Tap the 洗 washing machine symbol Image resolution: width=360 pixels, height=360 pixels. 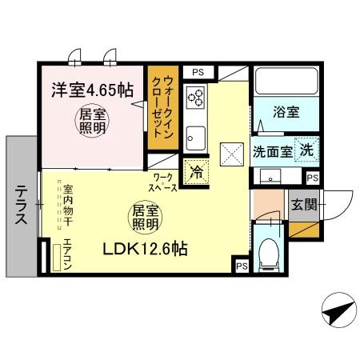coord(307,149)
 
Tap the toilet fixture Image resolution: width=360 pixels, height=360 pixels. coord(269,255)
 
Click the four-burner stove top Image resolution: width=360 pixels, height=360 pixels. coord(196,99)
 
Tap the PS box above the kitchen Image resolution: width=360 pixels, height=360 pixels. coord(198,72)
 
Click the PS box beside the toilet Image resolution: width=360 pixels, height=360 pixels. coord(241,266)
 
